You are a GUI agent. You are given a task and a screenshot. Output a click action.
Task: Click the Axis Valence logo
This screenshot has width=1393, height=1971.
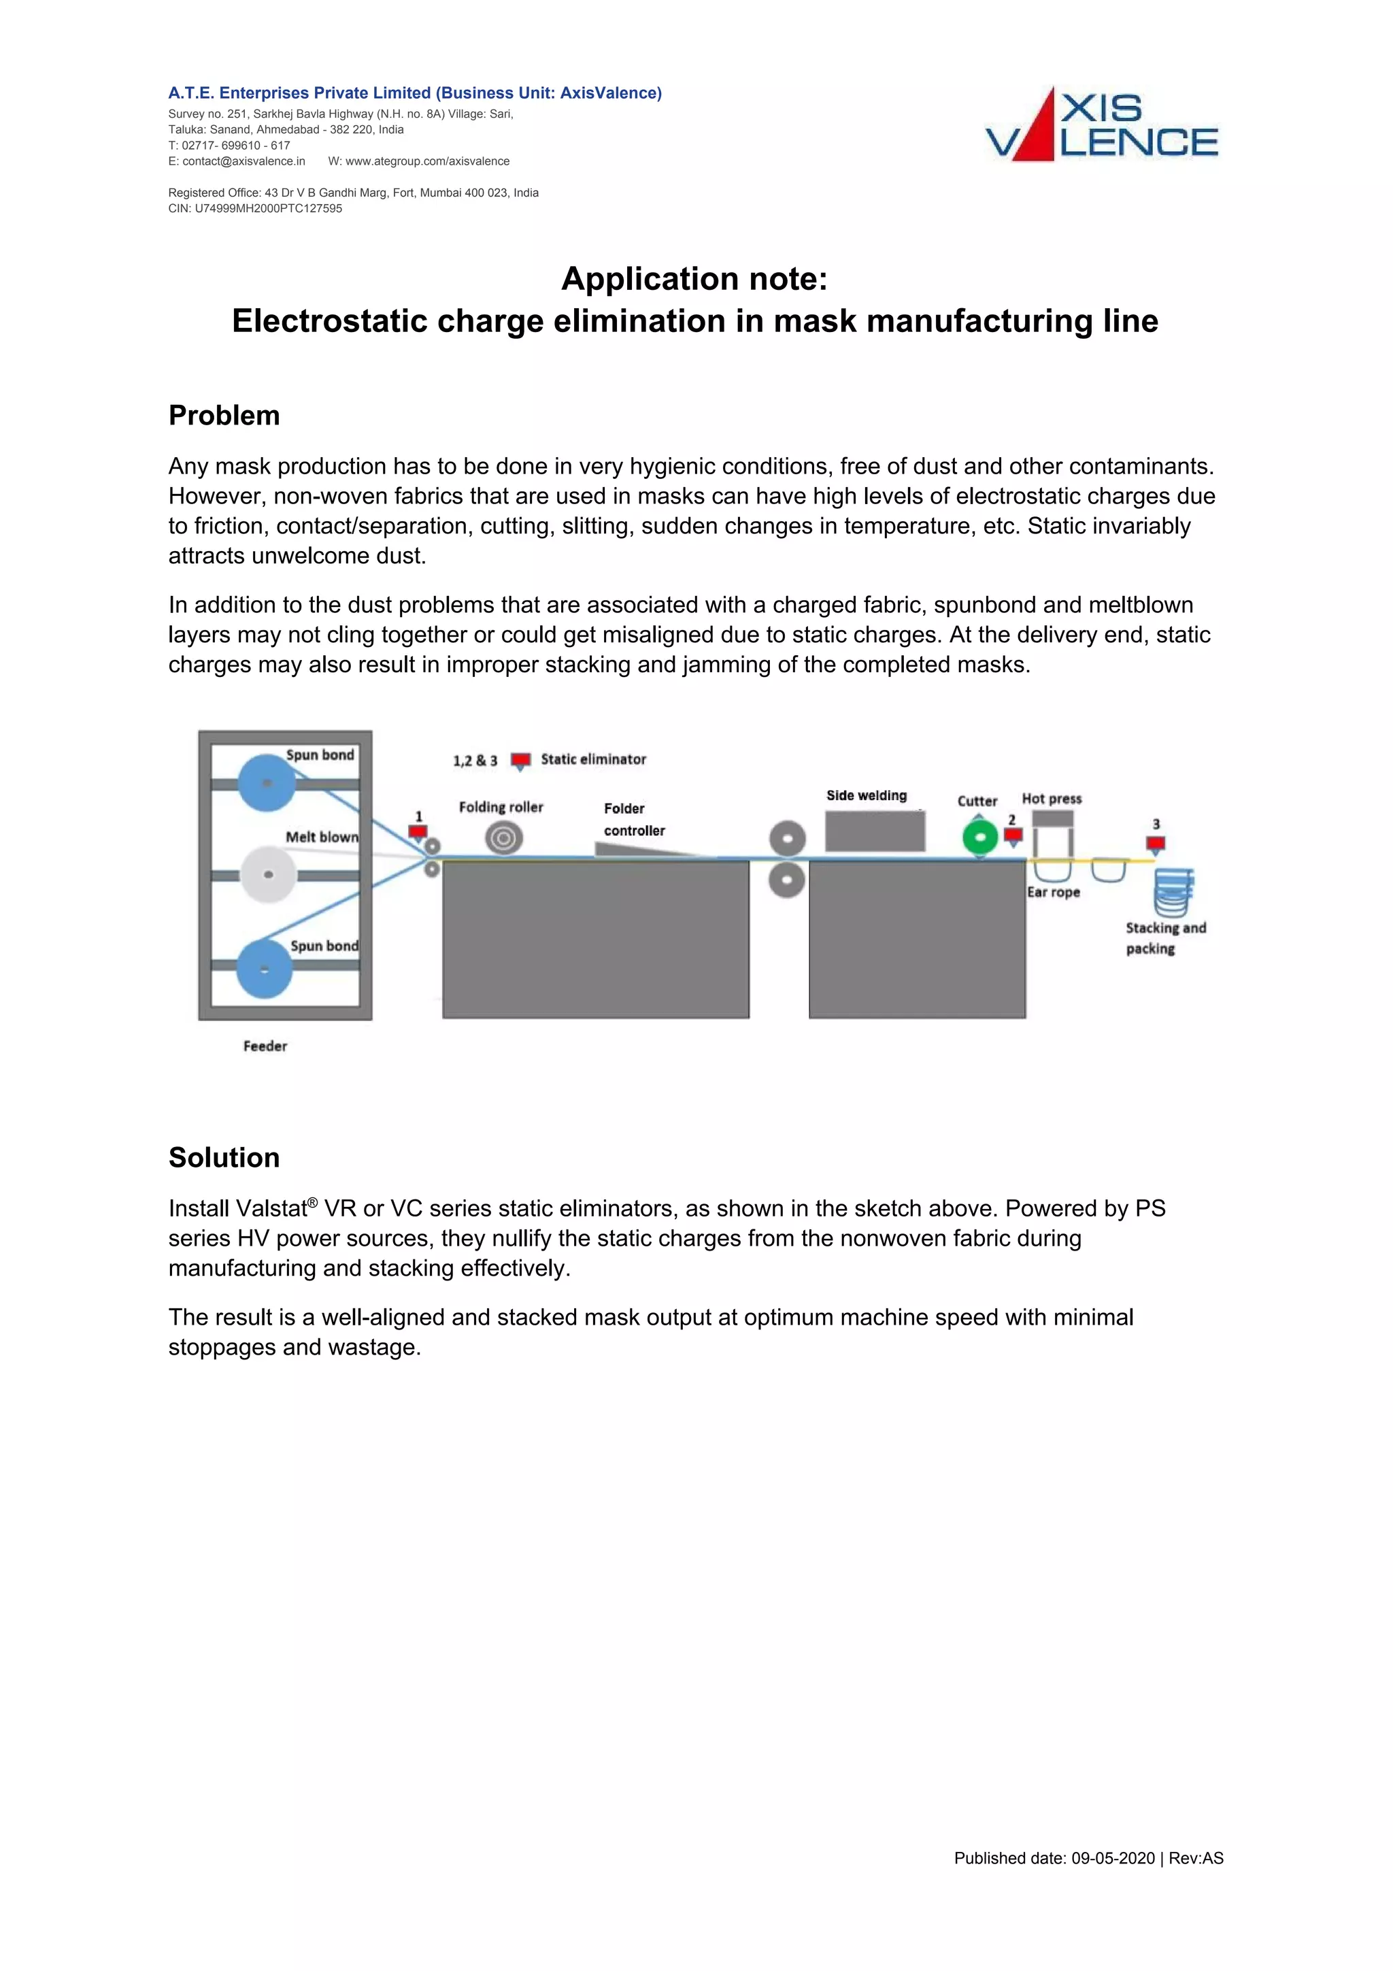pos(1101,125)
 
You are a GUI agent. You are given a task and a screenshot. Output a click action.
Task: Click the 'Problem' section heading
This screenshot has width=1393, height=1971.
pos(224,416)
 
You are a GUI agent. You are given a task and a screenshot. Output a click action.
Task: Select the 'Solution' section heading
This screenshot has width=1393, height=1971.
pos(224,1157)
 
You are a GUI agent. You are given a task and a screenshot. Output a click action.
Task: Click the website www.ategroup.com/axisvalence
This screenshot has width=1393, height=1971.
pos(426,161)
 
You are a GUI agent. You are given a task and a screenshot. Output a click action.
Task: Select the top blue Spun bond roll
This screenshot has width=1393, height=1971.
pos(267,783)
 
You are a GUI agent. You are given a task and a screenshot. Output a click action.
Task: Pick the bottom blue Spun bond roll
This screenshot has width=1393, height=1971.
pos(265,970)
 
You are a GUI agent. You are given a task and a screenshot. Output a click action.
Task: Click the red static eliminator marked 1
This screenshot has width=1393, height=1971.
pos(418,833)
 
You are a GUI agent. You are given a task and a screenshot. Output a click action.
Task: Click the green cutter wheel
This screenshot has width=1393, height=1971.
pos(979,837)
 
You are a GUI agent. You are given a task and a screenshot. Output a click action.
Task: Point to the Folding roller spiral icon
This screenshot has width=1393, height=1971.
pos(504,838)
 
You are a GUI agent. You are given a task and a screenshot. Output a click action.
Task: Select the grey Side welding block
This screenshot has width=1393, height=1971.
pos(875,831)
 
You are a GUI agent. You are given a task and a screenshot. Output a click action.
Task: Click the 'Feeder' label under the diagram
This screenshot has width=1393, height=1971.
pos(265,1046)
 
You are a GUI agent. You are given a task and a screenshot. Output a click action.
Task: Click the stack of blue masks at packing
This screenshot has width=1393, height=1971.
pos(1173,893)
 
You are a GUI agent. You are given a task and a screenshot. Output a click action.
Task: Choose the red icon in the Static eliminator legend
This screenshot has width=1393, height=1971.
pos(520,761)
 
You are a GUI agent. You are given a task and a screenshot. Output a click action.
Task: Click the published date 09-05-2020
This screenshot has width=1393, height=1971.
pos(1112,1859)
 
